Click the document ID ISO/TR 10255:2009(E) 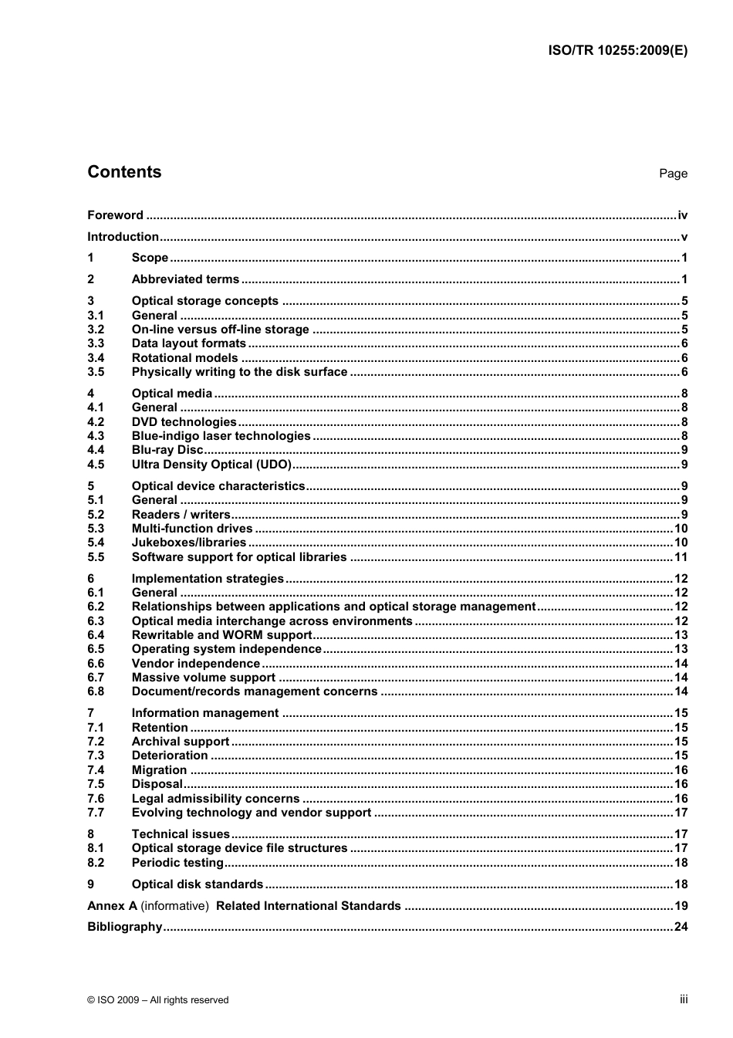pos(617,50)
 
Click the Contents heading pos(124,172)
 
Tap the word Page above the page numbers pos(673,174)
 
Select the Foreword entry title pos(115,215)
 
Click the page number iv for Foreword pos(682,215)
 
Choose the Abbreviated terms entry pos(185,279)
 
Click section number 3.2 pos(96,330)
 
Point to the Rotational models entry pos(184,358)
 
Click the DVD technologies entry pos(184,422)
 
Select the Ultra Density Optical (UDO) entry pos(211,465)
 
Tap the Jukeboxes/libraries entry pos(189,543)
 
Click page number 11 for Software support pos(681,557)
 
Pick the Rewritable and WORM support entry pos(221,635)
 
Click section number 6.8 pos(96,691)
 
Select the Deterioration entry pos(170,756)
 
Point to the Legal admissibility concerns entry pos(215,799)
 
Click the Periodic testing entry pos(177,863)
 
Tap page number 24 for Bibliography pos(681,927)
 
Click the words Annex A pos(112,906)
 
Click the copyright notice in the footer pos(158,1000)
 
